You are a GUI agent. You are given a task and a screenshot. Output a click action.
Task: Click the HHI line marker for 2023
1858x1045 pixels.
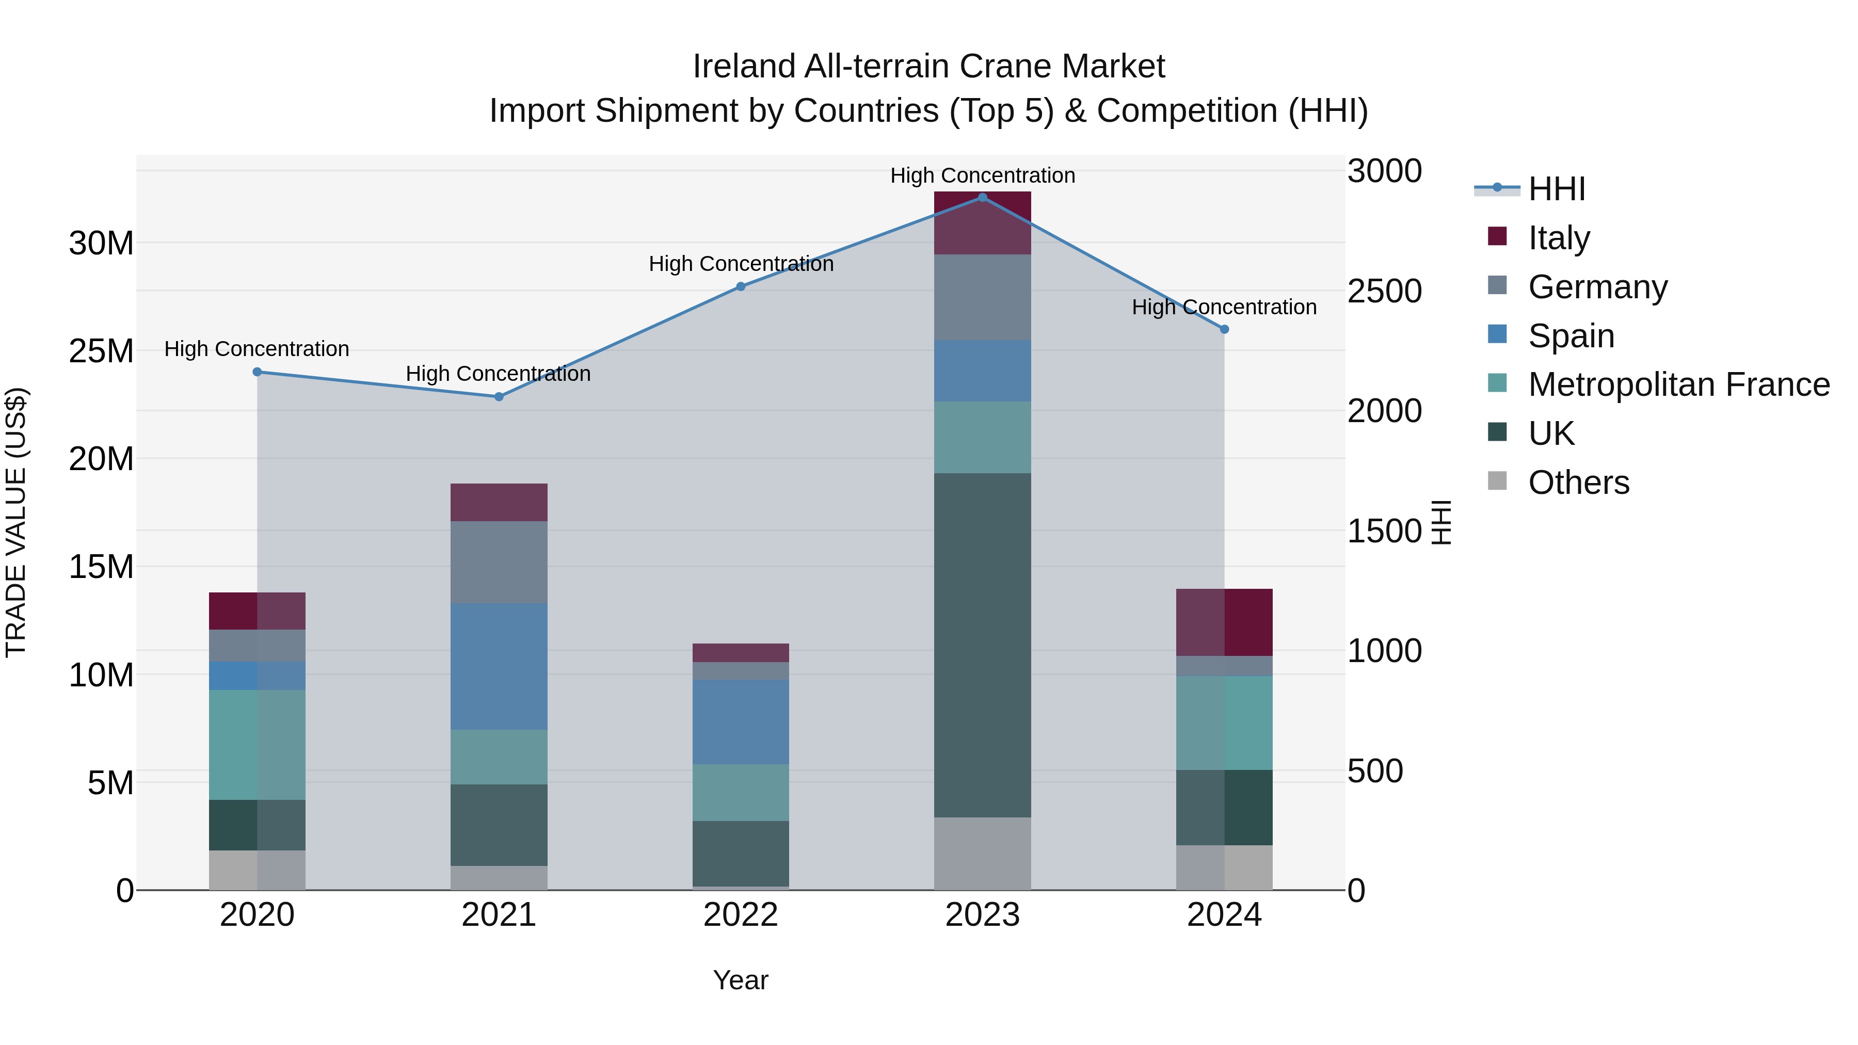click(982, 197)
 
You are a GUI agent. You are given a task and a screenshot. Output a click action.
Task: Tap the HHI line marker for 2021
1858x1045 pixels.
click(499, 397)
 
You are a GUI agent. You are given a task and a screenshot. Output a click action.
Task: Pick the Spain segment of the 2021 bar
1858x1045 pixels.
click(499, 666)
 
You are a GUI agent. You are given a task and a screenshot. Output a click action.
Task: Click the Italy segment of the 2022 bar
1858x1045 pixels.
click(740, 653)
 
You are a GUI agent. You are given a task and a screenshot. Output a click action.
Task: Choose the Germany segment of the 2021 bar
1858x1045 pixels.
click(499, 562)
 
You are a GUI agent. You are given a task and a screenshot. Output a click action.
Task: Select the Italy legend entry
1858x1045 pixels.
click(1558, 237)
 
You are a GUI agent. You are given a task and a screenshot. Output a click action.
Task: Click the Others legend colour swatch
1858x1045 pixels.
click(1497, 481)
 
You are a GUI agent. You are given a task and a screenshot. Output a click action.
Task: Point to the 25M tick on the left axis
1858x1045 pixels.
click(101, 351)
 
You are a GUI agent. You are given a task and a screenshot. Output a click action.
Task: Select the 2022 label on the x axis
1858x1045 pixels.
click(740, 915)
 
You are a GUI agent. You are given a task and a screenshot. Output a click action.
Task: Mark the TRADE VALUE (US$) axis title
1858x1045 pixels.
click(16, 522)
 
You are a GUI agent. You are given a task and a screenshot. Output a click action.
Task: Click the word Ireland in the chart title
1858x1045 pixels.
click(744, 67)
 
